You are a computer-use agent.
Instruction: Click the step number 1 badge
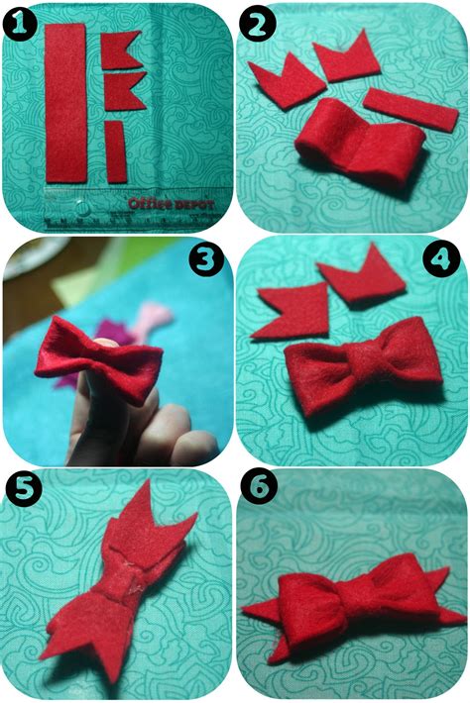(21, 21)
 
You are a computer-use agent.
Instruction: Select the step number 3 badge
(206, 259)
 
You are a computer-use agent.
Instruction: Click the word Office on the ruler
(148, 202)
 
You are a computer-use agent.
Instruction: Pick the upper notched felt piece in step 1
(125, 47)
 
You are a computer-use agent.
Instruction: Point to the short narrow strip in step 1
(116, 151)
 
